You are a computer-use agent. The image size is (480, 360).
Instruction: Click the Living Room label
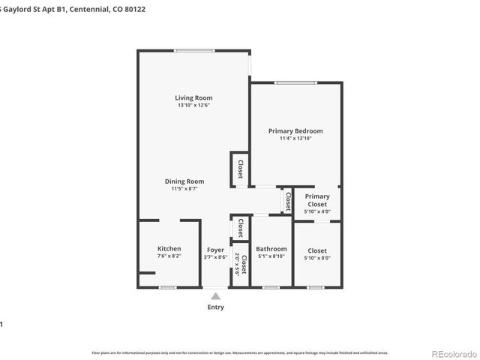(193, 97)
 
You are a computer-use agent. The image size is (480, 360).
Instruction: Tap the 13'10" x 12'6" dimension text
(193, 106)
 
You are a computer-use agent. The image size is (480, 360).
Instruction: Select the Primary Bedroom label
(295, 130)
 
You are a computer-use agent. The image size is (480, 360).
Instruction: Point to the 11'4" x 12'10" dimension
(295, 139)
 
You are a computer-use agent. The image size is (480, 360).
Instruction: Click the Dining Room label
(184, 181)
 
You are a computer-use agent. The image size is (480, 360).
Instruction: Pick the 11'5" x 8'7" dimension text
(184, 189)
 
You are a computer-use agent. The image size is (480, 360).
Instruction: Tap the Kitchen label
(169, 249)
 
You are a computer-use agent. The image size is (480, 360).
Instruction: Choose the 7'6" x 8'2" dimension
(169, 257)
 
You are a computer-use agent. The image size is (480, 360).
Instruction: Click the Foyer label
(215, 249)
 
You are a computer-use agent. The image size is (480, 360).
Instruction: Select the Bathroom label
(271, 249)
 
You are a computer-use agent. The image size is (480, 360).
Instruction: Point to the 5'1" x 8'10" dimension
(271, 257)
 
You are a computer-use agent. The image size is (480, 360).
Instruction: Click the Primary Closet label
(316, 200)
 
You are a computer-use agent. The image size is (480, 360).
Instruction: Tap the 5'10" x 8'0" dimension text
(316, 257)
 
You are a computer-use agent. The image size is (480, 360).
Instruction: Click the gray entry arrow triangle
(215, 296)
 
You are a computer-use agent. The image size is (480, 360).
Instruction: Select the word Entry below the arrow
(215, 307)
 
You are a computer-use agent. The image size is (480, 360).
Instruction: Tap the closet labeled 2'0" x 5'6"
(240, 265)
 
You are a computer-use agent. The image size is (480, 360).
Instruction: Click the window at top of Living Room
(193, 50)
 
